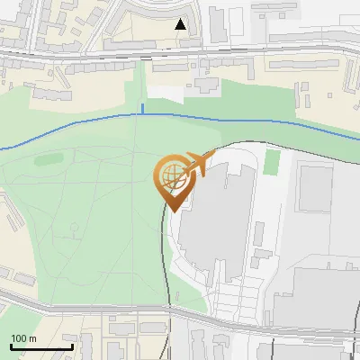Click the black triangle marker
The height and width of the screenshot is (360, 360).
click(181, 24)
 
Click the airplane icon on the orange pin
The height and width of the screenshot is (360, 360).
click(197, 166)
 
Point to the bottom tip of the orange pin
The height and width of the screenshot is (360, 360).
click(171, 211)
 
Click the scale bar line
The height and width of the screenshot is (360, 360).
click(41, 347)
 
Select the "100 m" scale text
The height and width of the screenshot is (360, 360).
click(24, 339)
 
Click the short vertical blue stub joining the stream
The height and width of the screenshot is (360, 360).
click(141, 109)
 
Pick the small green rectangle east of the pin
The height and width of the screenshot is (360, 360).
click(272, 163)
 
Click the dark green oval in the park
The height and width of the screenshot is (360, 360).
click(48, 161)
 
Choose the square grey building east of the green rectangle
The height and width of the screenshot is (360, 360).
click(314, 188)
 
